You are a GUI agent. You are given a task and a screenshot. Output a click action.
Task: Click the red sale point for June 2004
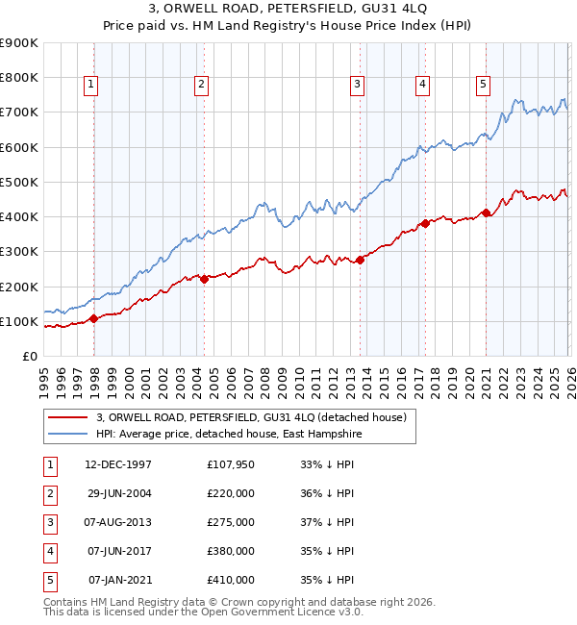204,279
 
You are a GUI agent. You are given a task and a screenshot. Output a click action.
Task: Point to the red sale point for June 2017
423,223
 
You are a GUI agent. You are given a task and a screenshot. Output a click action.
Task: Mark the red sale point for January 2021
486,212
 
